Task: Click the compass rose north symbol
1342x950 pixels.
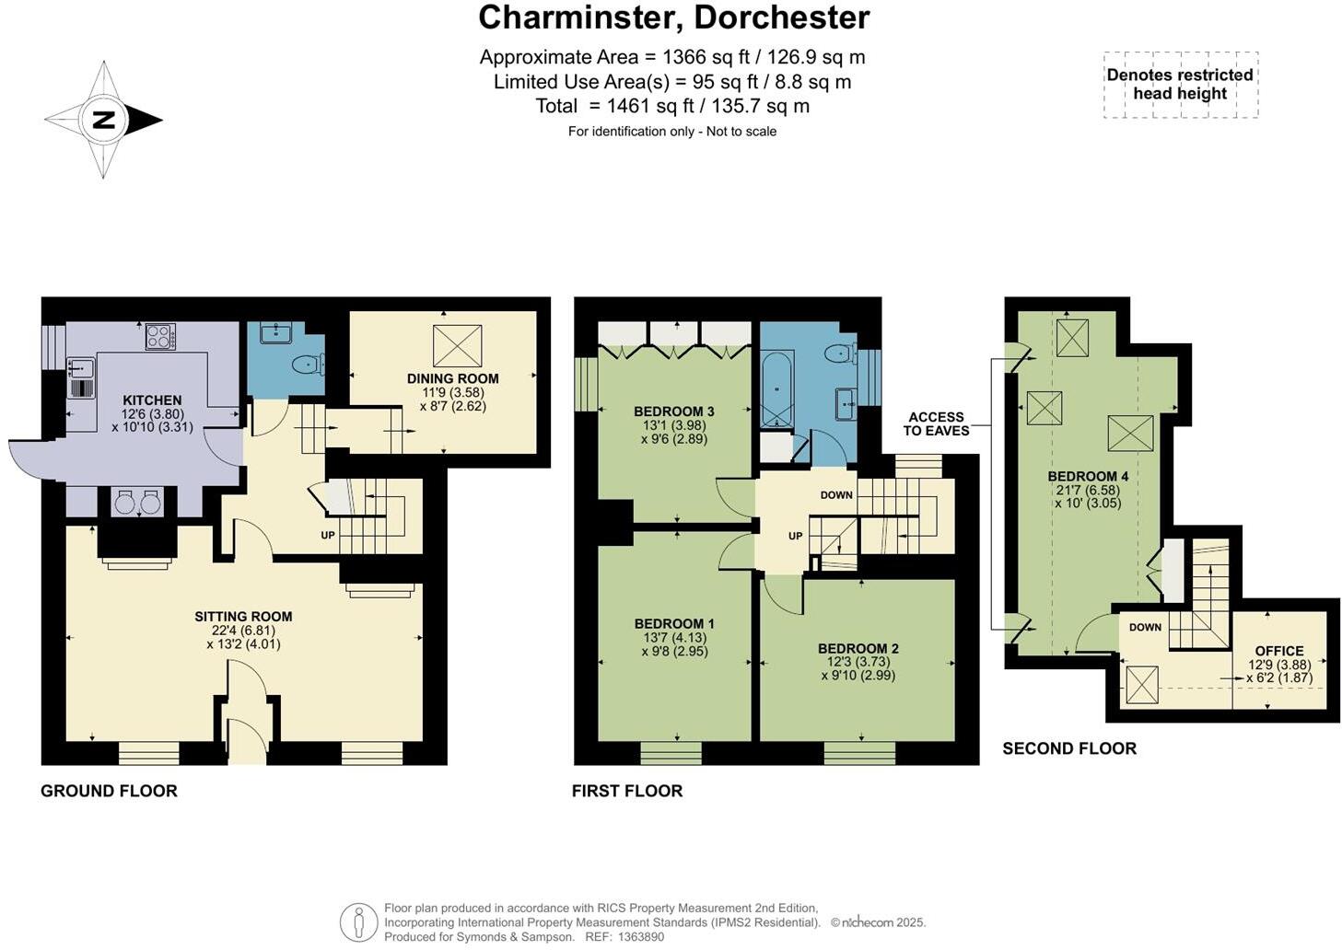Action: pos(103,120)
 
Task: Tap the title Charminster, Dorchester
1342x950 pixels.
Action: pos(673,17)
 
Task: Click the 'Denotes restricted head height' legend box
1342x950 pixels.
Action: pos(1180,85)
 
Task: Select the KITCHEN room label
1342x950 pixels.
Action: pos(152,400)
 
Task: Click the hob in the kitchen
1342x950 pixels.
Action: pos(160,337)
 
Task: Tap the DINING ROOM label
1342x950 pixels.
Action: pos(452,378)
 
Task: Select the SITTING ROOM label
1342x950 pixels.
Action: pos(243,617)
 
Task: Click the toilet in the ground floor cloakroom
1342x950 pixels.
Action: pos(307,365)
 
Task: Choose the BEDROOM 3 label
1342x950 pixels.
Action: pos(673,411)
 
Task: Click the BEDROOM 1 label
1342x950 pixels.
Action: pos(673,624)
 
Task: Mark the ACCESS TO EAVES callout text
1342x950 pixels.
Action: pos(936,423)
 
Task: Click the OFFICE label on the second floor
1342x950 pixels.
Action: pos(1278,651)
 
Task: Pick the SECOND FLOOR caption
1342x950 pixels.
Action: pos(1068,748)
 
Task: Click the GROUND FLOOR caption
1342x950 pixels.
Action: pos(109,791)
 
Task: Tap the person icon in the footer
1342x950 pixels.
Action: pos(357,922)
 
